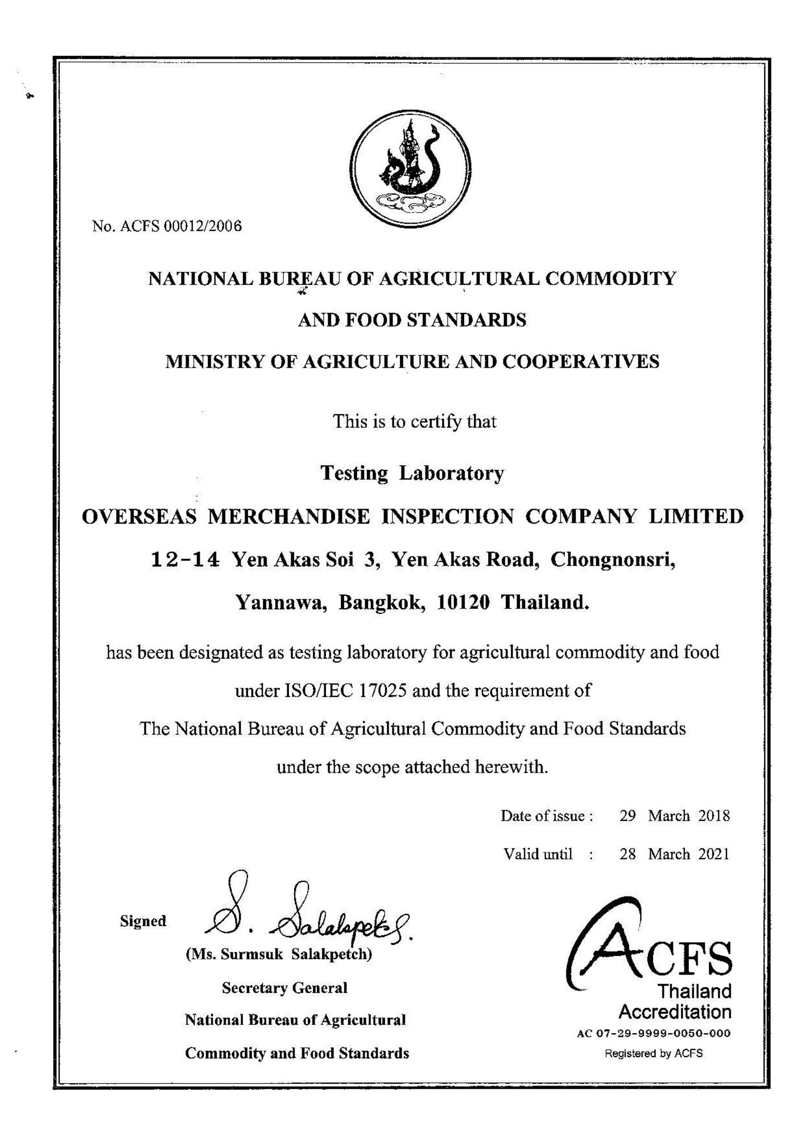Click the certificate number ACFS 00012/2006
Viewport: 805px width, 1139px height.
(167, 226)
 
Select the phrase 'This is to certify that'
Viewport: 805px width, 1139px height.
(414, 422)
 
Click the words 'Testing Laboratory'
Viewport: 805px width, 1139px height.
(412, 473)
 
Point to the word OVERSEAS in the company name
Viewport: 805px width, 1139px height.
(140, 517)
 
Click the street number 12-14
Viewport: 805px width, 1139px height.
(185, 560)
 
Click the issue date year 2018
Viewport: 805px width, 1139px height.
(713, 816)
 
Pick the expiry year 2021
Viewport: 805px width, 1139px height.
(713, 854)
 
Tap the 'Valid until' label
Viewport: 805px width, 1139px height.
(538, 854)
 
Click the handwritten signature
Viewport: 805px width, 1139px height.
(307, 914)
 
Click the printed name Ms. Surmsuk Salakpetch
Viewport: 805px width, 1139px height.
(279, 954)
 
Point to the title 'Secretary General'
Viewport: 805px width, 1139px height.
(284, 988)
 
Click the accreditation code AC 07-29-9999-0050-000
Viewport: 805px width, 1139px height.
(654, 1033)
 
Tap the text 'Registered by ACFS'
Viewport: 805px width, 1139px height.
(654, 1053)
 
